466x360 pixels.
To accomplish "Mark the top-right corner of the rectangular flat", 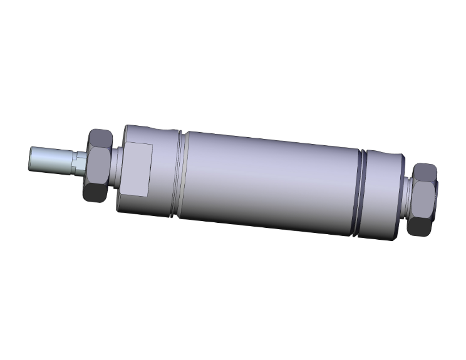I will click(x=152, y=146).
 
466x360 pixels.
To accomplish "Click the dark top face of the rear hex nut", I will click(x=426, y=170).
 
